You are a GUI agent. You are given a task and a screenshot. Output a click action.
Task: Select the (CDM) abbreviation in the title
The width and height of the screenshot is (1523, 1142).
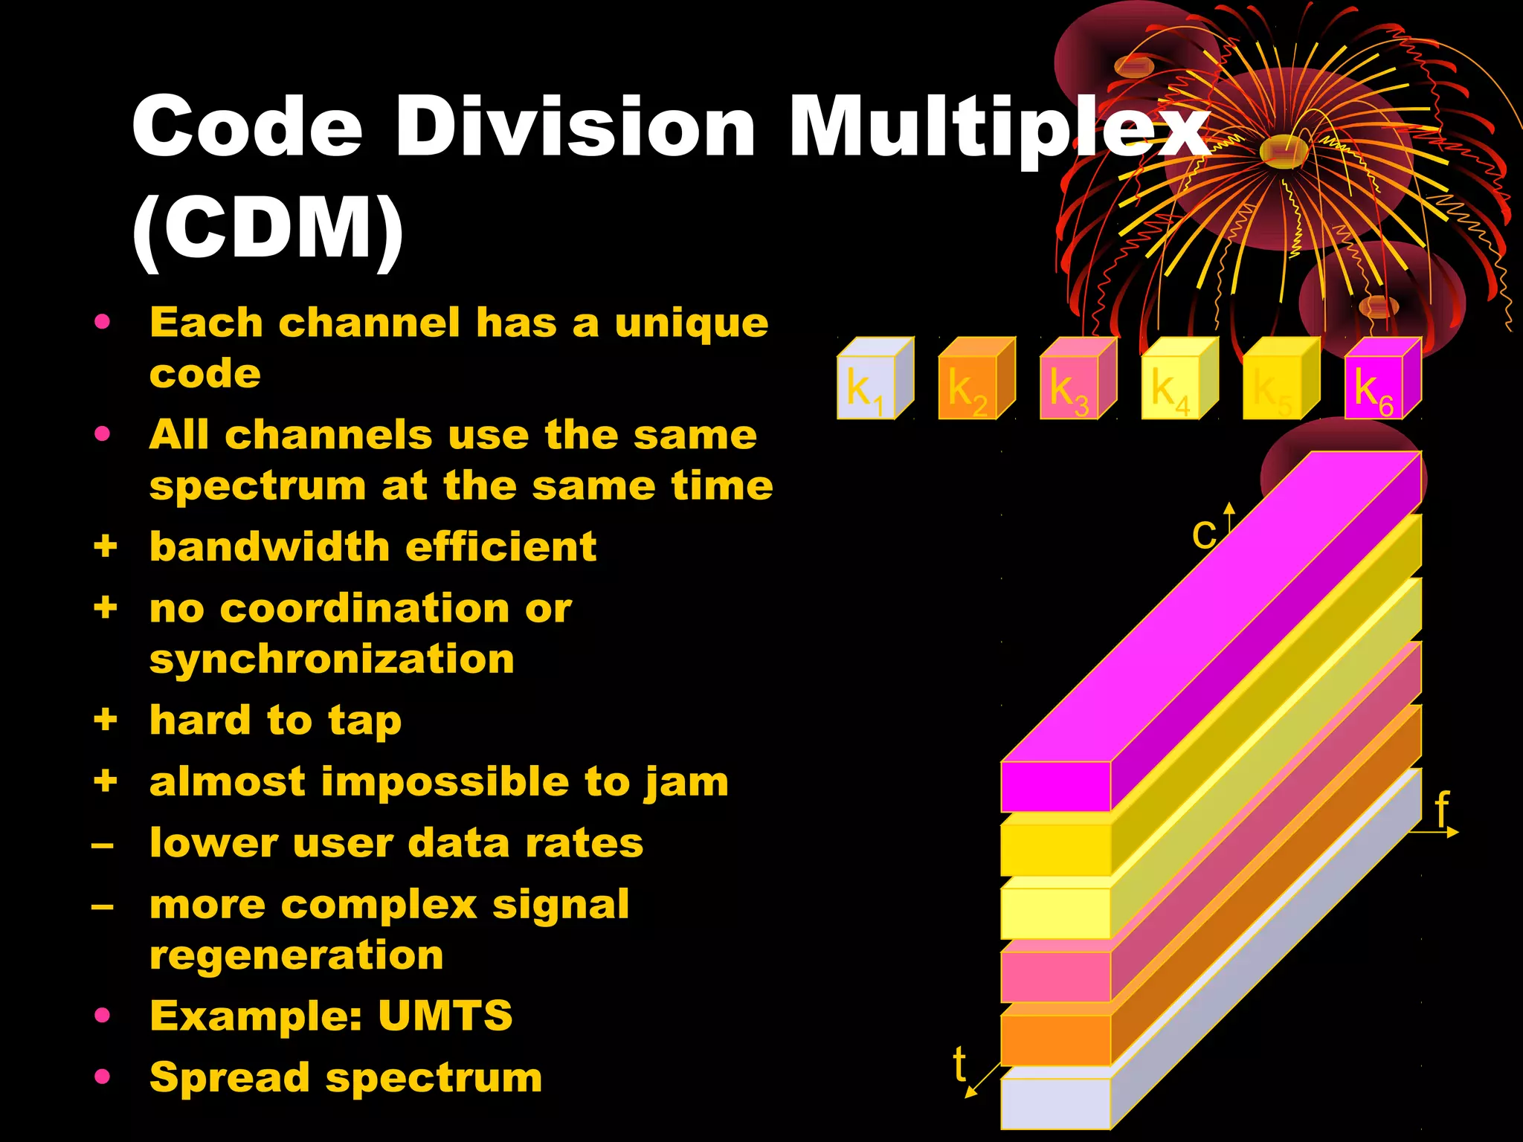(268, 229)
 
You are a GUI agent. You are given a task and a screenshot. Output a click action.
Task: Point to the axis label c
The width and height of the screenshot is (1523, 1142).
(1203, 534)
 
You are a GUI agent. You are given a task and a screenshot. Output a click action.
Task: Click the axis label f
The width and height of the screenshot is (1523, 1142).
(1442, 809)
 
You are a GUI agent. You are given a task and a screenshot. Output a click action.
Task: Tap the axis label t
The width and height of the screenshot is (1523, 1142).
(960, 1064)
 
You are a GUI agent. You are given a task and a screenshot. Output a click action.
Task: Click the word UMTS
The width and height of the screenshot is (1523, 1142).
(445, 1016)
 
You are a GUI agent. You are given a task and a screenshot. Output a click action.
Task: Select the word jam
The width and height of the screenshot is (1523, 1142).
(686, 782)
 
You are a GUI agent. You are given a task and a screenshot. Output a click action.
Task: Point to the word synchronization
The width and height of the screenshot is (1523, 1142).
(332, 659)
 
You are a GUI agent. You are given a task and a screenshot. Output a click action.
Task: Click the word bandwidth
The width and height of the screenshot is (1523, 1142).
(269, 547)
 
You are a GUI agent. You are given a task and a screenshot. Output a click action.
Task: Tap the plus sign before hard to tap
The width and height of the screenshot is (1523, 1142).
(106, 720)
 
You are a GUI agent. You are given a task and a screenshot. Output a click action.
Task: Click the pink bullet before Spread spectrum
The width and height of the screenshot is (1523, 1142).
(103, 1076)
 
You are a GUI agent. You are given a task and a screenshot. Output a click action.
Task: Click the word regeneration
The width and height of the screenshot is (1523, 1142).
(296, 955)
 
